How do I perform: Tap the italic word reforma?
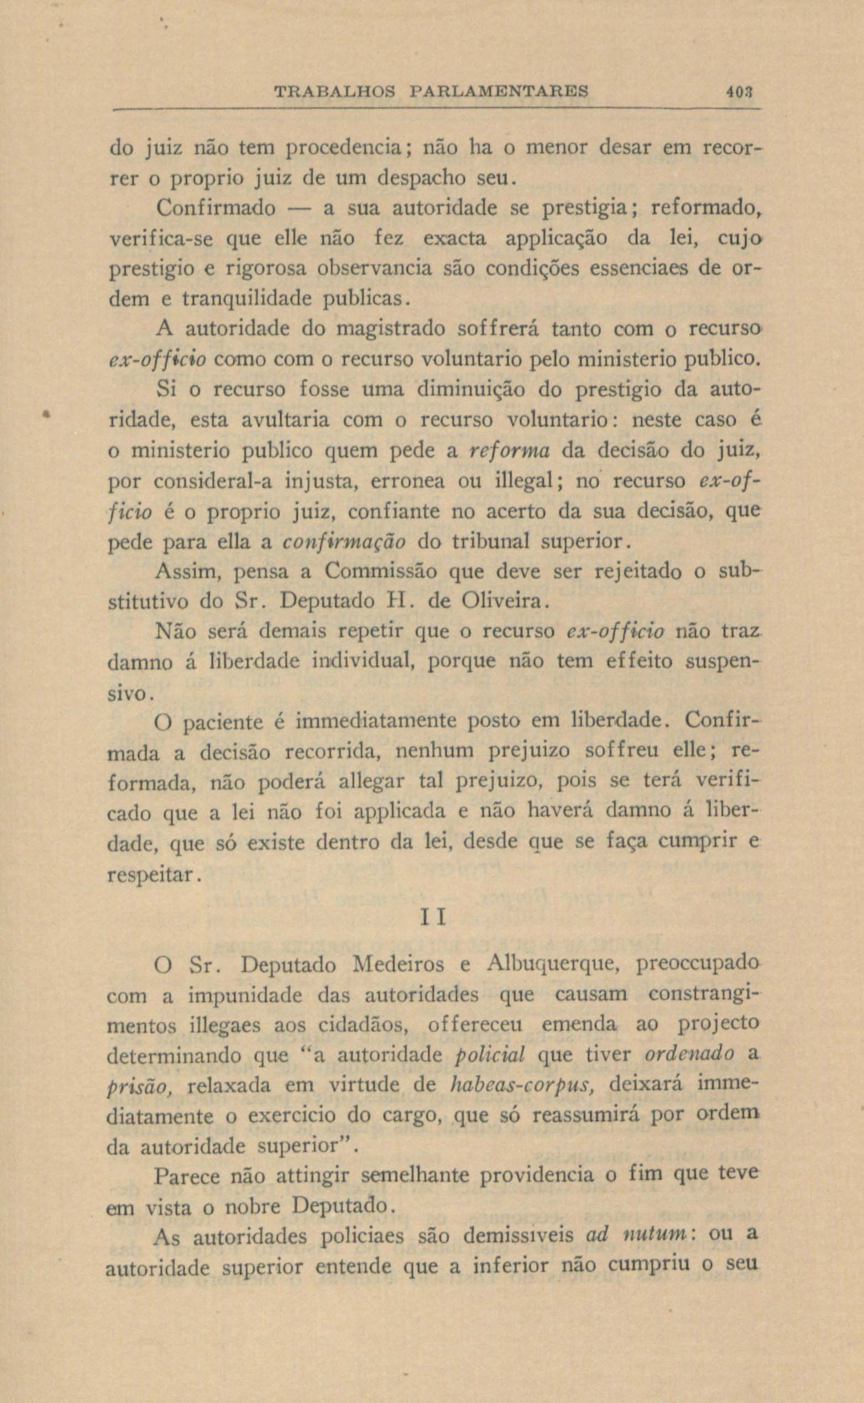point(509,450)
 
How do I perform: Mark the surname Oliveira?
point(501,602)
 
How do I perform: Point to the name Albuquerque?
point(548,965)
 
